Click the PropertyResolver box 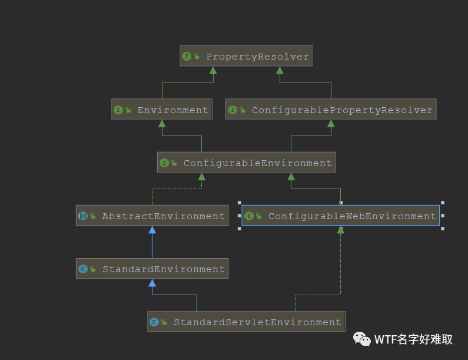pyautogui.click(x=246, y=57)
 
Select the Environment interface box pyautogui.click(x=161, y=110)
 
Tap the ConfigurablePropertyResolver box pyautogui.click(x=331, y=110)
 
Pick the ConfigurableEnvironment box pyautogui.click(x=246, y=163)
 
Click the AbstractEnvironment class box pyautogui.click(x=152, y=216)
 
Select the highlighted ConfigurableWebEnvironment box pyautogui.click(x=340, y=216)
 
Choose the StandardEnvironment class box pyautogui.click(x=152, y=269)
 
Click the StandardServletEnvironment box pyautogui.click(x=246, y=322)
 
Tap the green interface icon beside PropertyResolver pyautogui.click(x=187, y=57)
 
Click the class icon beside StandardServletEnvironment pyautogui.click(x=154, y=322)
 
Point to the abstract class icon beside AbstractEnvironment pyautogui.click(x=83, y=216)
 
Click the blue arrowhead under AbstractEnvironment pyautogui.click(x=152, y=230)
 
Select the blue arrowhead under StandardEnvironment pyautogui.click(x=152, y=283)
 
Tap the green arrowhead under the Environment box pyautogui.click(x=162, y=124)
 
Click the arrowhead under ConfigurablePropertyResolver pyautogui.click(x=331, y=124)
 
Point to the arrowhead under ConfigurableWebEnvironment pyautogui.click(x=340, y=230)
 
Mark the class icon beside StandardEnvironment pyautogui.click(x=83, y=269)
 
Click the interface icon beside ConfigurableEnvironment pyautogui.click(x=164, y=163)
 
